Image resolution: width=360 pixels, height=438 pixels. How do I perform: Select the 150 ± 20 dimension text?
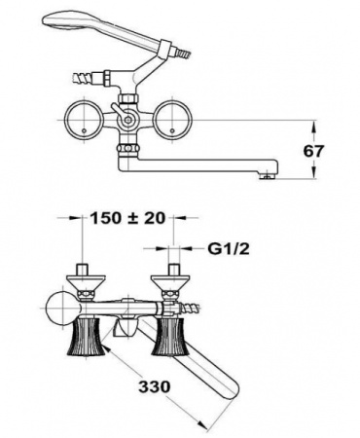[x=126, y=219]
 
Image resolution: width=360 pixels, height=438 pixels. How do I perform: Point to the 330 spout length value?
[x=154, y=385]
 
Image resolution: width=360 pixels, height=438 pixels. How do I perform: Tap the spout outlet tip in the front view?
[x=268, y=174]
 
